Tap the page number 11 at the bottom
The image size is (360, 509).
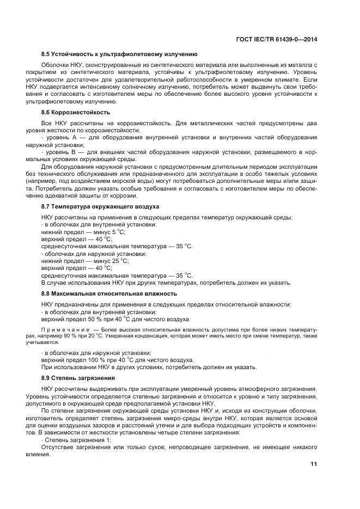(x=314, y=464)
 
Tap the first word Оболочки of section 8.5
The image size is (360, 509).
(x=55, y=65)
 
